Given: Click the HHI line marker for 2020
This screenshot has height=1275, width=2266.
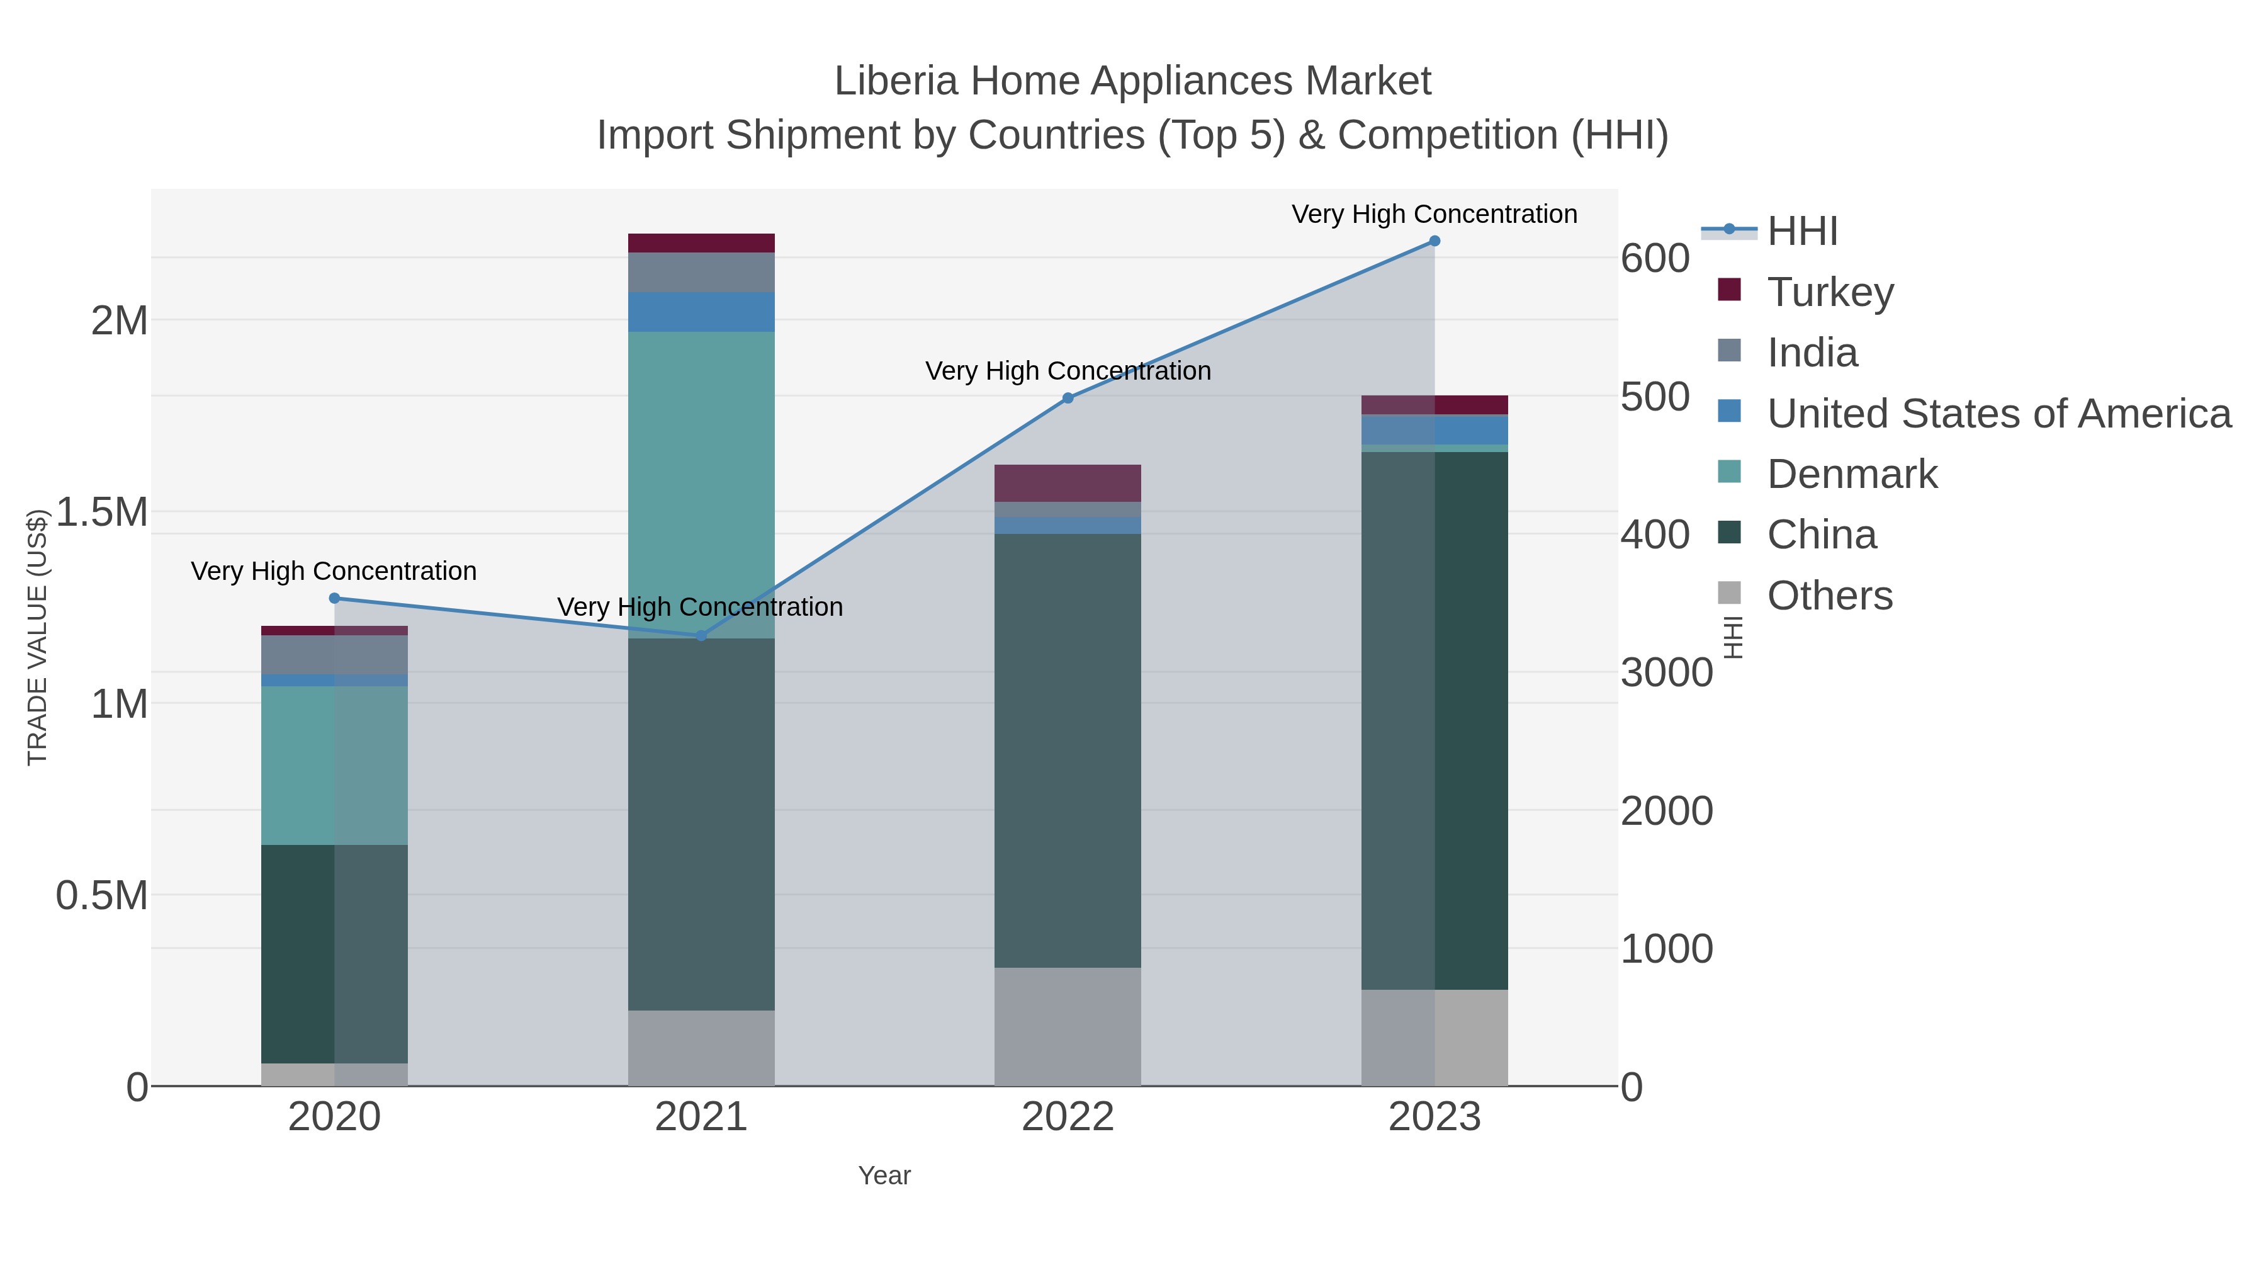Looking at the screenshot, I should [334, 598].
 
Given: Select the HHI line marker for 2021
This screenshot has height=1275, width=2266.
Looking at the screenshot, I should [701, 635].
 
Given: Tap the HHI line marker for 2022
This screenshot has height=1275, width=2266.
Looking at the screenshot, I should [1068, 398].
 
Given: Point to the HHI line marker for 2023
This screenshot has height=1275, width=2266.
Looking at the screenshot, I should [1435, 241].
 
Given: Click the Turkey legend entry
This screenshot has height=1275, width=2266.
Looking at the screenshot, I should [1830, 292].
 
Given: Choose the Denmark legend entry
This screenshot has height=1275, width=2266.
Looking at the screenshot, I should [1852, 474].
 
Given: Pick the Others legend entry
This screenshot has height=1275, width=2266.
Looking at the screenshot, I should [1830, 596].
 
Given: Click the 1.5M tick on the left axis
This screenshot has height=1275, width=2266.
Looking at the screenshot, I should [101, 512].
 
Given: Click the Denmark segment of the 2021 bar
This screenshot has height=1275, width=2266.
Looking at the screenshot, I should [701, 484].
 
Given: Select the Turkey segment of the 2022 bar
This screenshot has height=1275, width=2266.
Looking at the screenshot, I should [1068, 483].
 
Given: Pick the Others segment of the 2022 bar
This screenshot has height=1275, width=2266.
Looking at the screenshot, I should [1068, 1026].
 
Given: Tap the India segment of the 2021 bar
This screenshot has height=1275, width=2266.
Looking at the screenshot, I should [701, 272].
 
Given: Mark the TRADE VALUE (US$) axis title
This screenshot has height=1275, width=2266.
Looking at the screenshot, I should [37, 637].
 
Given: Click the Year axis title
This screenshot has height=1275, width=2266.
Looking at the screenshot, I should [884, 1176].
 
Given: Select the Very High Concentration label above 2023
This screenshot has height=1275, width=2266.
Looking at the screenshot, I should [1434, 214].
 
